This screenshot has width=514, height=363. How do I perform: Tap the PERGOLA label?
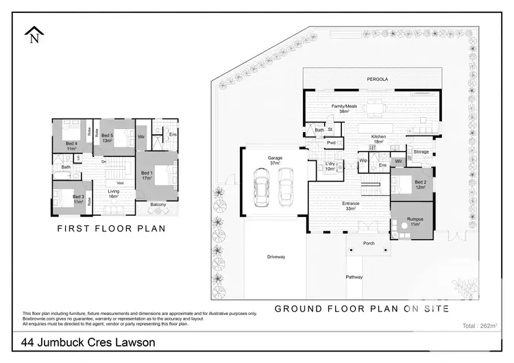[x=377, y=79]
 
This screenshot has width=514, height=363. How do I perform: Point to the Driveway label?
[x=276, y=257]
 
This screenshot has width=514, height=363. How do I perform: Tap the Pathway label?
[x=354, y=277]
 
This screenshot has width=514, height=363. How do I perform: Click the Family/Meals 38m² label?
[x=344, y=109]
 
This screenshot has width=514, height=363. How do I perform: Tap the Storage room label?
[x=421, y=152]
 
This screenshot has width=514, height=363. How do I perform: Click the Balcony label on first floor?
[x=158, y=205]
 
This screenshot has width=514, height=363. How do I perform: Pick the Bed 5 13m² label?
[x=108, y=138]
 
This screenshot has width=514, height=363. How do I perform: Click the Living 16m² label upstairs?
[x=113, y=194]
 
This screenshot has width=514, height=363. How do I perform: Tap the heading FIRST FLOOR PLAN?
[x=111, y=229]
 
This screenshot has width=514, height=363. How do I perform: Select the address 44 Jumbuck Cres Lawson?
[x=88, y=342]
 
